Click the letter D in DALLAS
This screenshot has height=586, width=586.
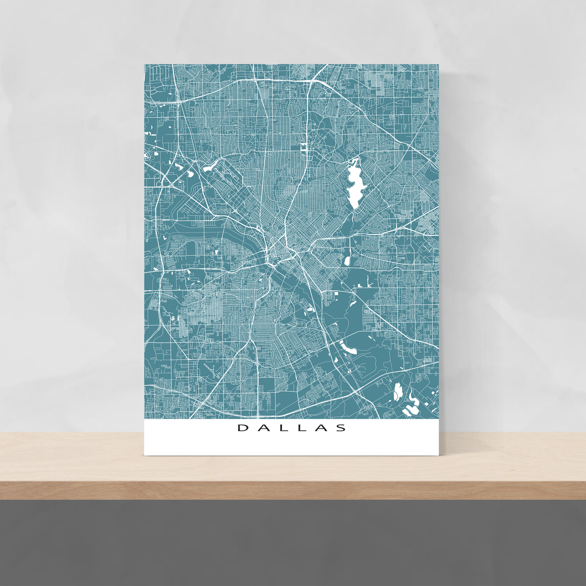pos(242,428)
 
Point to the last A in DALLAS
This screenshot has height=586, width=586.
pos(321,428)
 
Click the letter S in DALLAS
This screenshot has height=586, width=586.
pos(342,428)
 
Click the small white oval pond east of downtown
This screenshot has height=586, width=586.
pos(347,261)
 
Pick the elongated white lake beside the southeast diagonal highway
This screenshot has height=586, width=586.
pos(348,347)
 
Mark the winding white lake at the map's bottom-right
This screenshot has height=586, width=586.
pos(412,404)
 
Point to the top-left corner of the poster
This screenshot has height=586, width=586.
pos(145,64)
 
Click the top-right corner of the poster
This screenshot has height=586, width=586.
pos(438,64)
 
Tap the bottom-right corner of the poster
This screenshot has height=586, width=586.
pos(438,455)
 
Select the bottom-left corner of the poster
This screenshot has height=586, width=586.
pos(145,455)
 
